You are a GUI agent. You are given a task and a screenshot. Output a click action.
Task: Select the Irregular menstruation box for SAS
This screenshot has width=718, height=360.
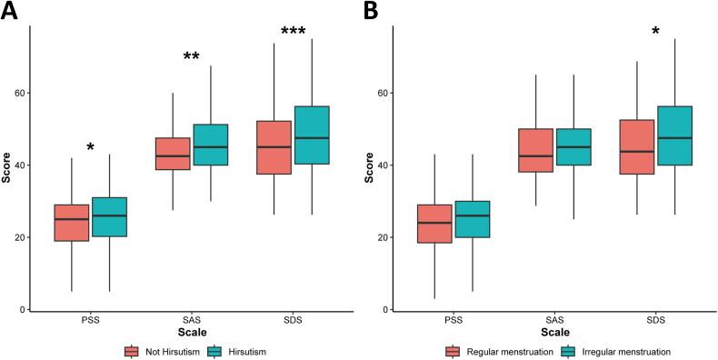(573, 147)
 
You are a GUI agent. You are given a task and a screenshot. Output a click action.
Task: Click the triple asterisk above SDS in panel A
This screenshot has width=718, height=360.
(293, 33)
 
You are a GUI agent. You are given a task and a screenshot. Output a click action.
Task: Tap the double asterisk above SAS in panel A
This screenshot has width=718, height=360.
(191, 58)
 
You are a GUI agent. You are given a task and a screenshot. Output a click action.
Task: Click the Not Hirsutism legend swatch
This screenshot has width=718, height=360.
(132, 351)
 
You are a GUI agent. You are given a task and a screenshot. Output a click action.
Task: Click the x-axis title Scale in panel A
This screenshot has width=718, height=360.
(191, 334)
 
